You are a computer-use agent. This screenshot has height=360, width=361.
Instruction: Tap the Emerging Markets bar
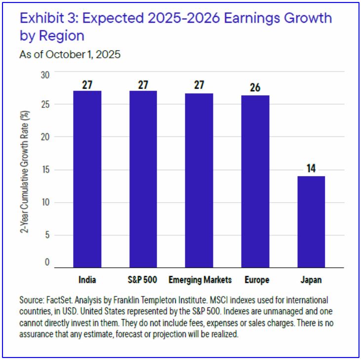click(x=199, y=180)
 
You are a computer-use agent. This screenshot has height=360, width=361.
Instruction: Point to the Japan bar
click(x=311, y=221)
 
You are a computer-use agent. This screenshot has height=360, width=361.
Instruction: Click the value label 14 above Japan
click(x=311, y=168)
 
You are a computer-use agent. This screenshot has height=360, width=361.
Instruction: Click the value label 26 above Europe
click(x=255, y=87)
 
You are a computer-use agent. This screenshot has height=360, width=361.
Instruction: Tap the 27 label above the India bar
click(x=87, y=83)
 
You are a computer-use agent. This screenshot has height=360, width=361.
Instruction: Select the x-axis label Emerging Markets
click(x=200, y=280)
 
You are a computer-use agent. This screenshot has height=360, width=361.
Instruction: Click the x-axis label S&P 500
click(x=143, y=280)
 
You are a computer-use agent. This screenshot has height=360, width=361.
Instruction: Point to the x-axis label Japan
click(x=311, y=280)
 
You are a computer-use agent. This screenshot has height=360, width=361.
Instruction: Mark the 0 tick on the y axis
click(x=47, y=262)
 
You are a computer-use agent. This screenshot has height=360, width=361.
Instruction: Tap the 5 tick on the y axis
click(x=47, y=235)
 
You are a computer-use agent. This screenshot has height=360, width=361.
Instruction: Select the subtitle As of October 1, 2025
click(x=70, y=54)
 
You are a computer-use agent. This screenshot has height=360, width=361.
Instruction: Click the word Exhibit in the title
click(x=41, y=19)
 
